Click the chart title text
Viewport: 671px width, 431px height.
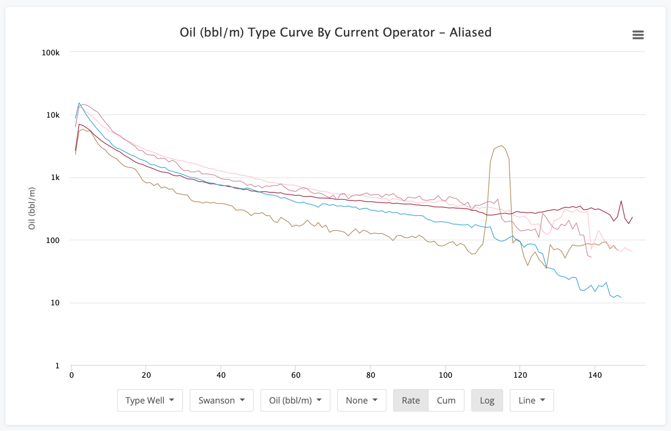pos(335,33)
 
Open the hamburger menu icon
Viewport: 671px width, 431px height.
pos(638,35)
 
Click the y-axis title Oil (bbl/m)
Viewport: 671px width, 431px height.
pos(32,208)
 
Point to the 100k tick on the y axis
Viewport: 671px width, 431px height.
pos(51,53)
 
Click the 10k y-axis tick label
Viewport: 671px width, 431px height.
pos(53,115)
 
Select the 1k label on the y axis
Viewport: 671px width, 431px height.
pos(55,178)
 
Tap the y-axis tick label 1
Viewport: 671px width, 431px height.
pos(57,366)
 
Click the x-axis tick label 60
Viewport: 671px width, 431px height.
pos(296,375)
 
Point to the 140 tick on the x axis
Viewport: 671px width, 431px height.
pos(595,375)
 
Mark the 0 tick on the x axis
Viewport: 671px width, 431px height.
pos(72,375)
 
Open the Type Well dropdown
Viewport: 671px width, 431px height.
pos(150,400)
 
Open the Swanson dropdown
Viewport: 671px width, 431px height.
pos(221,400)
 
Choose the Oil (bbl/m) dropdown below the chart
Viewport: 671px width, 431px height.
pos(295,400)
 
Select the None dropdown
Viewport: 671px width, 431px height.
pos(361,400)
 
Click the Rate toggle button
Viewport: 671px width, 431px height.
pos(411,400)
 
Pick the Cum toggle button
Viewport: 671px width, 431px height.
pos(446,400)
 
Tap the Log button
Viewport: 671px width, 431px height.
pos(487,400)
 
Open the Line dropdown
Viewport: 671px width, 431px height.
pos(532,400)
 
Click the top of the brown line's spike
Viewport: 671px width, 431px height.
pos(501,145)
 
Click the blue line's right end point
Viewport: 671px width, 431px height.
pos(621,297)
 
